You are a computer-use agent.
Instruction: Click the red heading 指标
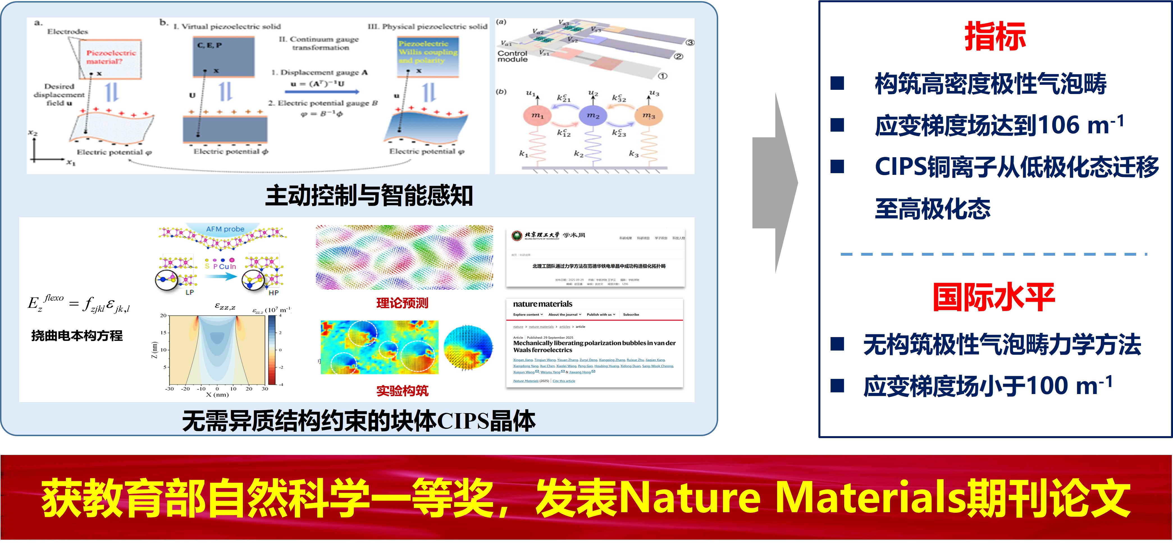tap(995, 36)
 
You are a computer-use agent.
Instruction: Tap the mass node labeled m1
tap(537, 116)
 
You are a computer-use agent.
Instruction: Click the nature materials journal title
tap(542, 304)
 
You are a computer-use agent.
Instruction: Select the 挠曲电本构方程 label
tap(77, 336)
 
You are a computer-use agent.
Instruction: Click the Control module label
tap(512, 56)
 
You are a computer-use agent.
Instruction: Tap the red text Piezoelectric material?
tap(111, 57)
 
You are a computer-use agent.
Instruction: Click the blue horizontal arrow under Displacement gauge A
tap(322, 92)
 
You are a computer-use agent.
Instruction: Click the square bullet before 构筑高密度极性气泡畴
tap(837, 83)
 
